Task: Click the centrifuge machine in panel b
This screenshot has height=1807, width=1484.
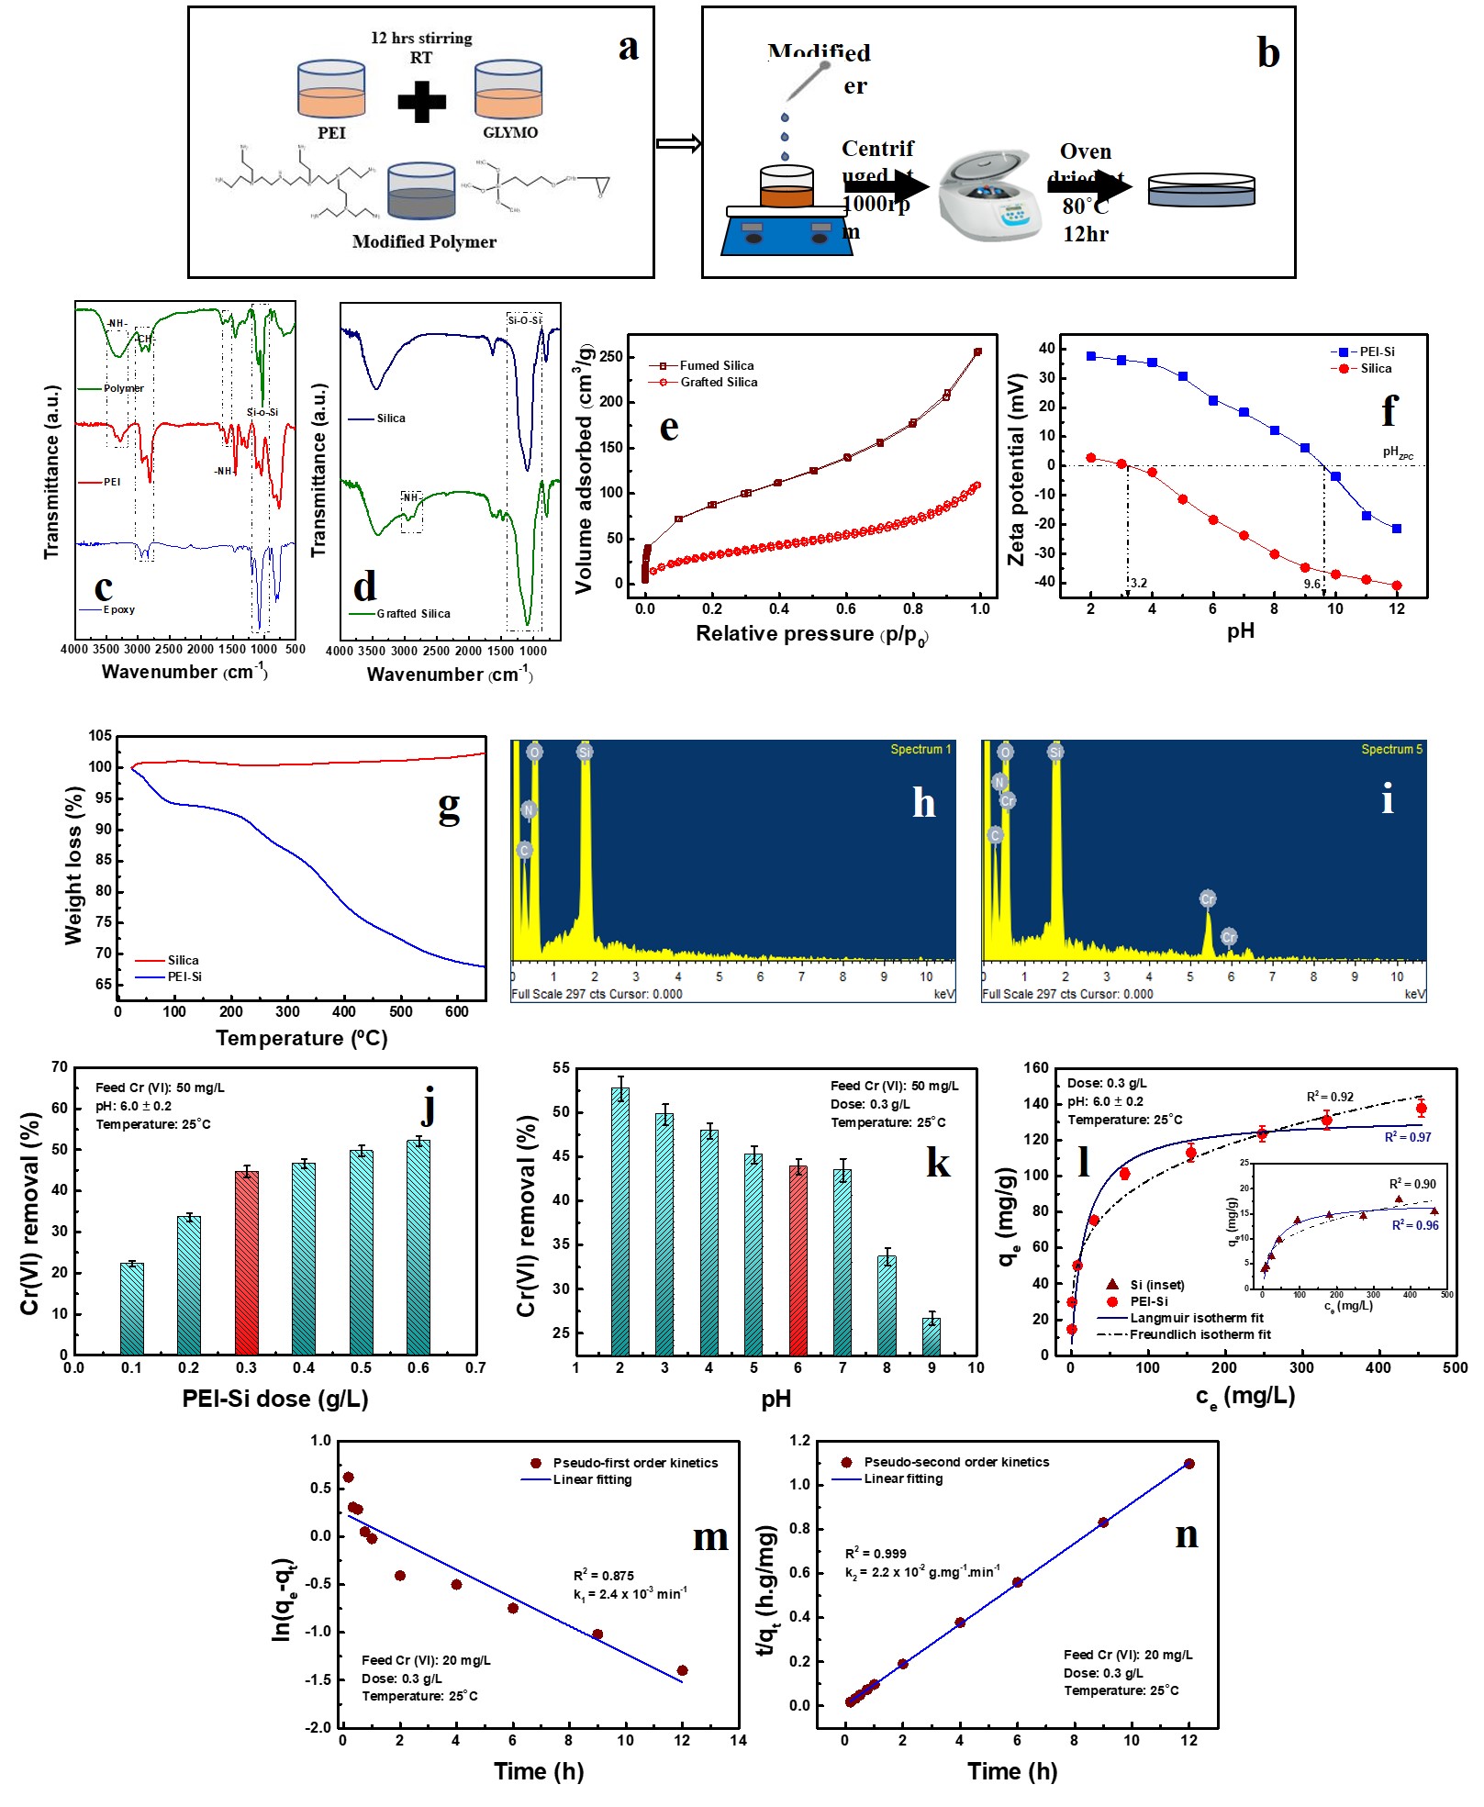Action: pos(989,195)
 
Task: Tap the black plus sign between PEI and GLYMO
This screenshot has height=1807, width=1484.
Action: pos(421,101)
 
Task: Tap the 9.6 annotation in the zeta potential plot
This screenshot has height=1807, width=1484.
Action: pos(1311,584)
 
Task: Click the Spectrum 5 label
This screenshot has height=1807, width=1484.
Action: pos(1391,749)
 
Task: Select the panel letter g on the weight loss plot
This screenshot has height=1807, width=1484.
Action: pos(448,806)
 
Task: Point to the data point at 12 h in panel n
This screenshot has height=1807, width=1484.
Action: pos(1188,1464)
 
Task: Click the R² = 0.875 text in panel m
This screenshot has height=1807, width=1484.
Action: pos(603,1575)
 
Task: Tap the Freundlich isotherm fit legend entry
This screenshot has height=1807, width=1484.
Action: pos(1199,1334)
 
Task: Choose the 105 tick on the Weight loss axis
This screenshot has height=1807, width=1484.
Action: pos(100,735)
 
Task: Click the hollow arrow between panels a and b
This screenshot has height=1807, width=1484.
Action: pos(679,143)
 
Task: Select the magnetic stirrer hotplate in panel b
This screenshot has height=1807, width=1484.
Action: pos(787,234)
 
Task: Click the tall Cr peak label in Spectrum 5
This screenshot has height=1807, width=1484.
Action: pos(1208,898)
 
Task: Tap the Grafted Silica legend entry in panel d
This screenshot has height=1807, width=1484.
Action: pos(413,613)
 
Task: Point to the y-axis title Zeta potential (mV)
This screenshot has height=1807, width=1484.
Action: pos(1016,469)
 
